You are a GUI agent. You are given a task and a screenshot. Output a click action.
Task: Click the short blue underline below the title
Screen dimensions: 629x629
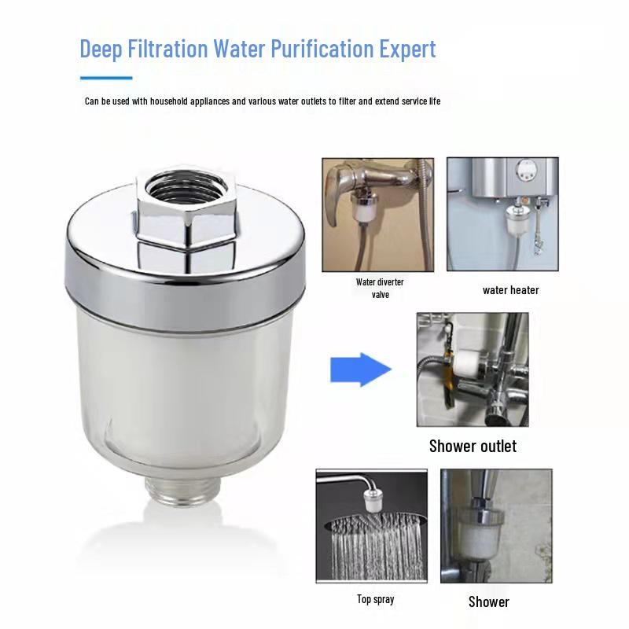[106, 77]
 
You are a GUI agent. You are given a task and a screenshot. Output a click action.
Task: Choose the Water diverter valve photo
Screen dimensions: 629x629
[379, 214]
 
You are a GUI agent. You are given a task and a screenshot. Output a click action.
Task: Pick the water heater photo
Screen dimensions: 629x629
[502, 214]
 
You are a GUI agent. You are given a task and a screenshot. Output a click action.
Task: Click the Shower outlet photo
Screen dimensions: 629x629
[473, 370]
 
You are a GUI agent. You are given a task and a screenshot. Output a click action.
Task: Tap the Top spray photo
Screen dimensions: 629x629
[372, 526]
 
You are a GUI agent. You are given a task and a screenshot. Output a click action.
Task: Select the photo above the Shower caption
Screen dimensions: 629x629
[495, 526]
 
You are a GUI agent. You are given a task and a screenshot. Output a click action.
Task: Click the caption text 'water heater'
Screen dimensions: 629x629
[510, 290]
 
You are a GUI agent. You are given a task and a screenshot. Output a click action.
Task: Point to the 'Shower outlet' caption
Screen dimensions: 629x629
[473, 447]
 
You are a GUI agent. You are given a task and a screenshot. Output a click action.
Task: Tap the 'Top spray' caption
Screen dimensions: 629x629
[376, 600]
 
